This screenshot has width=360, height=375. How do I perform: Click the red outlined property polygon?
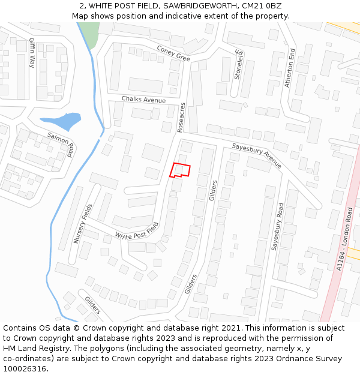(x=180, y=170)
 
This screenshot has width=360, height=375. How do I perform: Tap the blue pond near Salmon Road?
(x=61, y=121)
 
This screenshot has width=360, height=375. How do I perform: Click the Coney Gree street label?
(x=173, y=54)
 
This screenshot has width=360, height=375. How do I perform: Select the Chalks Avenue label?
(x=143, y=99)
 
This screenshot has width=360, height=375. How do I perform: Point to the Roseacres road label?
(x=182, y=118)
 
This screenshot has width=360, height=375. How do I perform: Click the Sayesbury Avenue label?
(x=256, y=155)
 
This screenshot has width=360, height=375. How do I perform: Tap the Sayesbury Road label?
(x=277, y=226)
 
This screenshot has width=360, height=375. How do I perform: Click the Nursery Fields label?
(x=83, y=223)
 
